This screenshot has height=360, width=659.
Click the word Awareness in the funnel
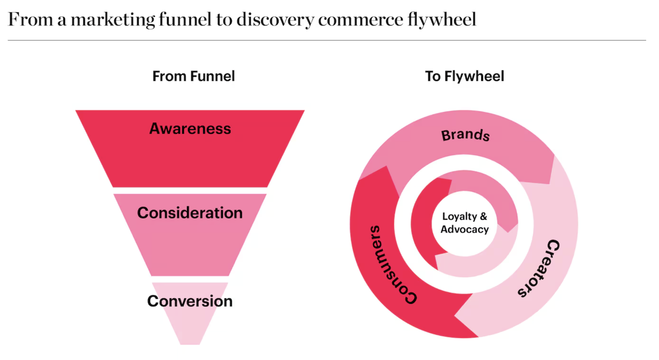pos(190,129)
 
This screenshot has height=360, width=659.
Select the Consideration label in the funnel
pos(190,213)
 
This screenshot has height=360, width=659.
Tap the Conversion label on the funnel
pos(190,301)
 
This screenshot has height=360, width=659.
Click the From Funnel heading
pos(193,76)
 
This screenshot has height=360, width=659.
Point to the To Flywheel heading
pos(465,76)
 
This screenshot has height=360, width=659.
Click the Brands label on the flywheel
pos(465,135)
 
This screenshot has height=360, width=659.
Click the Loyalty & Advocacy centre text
pos(465,223)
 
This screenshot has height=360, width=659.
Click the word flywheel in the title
pos(442,19)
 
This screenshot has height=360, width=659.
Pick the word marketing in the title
pos(113,20)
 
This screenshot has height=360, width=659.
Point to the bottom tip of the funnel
pos(190,344)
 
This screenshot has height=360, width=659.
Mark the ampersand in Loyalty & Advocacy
pos(483,216)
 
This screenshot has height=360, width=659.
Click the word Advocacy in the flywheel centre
pos(465,229)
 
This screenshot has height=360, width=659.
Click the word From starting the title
pos(31,19)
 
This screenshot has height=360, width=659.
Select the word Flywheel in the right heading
pos(474,76)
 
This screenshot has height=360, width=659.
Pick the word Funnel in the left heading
pos(212,76)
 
